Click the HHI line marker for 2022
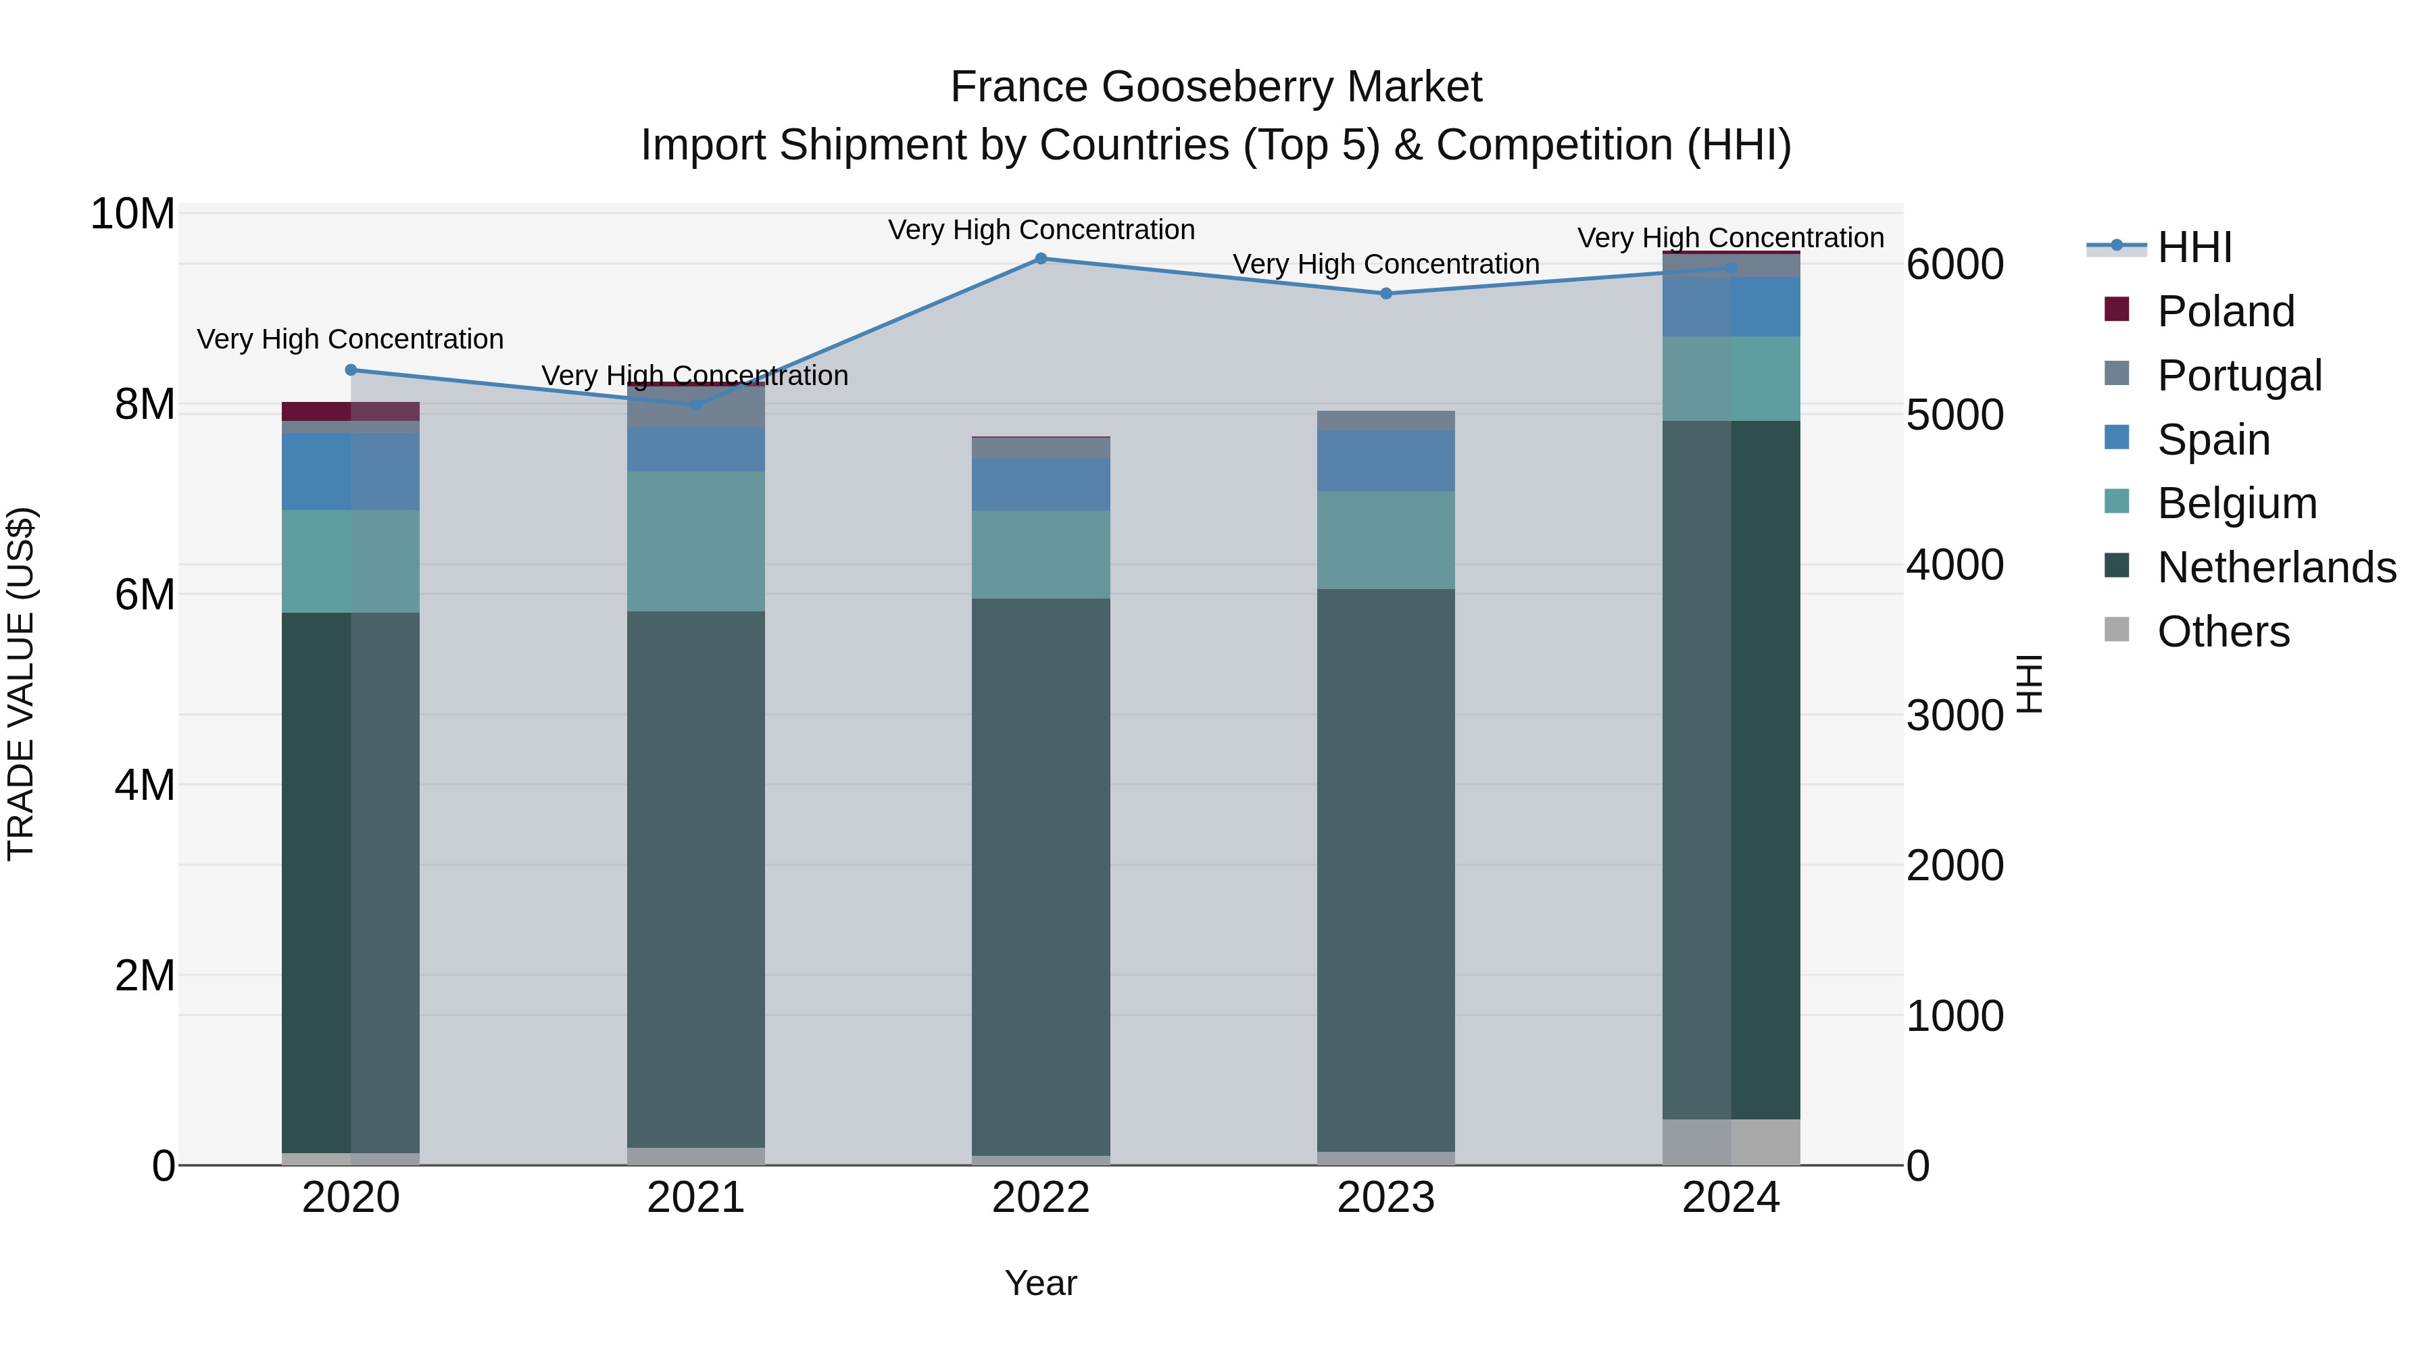[x=1041, y=259]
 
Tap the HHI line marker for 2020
[x=351, y=370]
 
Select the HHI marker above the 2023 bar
[x=1385, y=294]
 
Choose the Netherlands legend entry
[x=2276, y=567]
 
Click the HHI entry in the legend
[x=2193, y=247]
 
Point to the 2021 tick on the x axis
[x=696, y=1198]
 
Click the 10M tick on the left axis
[x=132, y=214]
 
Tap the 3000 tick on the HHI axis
[x=1954, y=715]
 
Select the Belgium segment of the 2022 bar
[x=1041, y=555]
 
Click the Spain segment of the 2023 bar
[x=1385, y=461]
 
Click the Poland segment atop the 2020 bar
[x=351, y=411]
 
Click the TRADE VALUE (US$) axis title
[x=22, y=684]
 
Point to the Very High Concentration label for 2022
[x=1041, y=230]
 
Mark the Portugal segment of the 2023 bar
[x=1385, y=421]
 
